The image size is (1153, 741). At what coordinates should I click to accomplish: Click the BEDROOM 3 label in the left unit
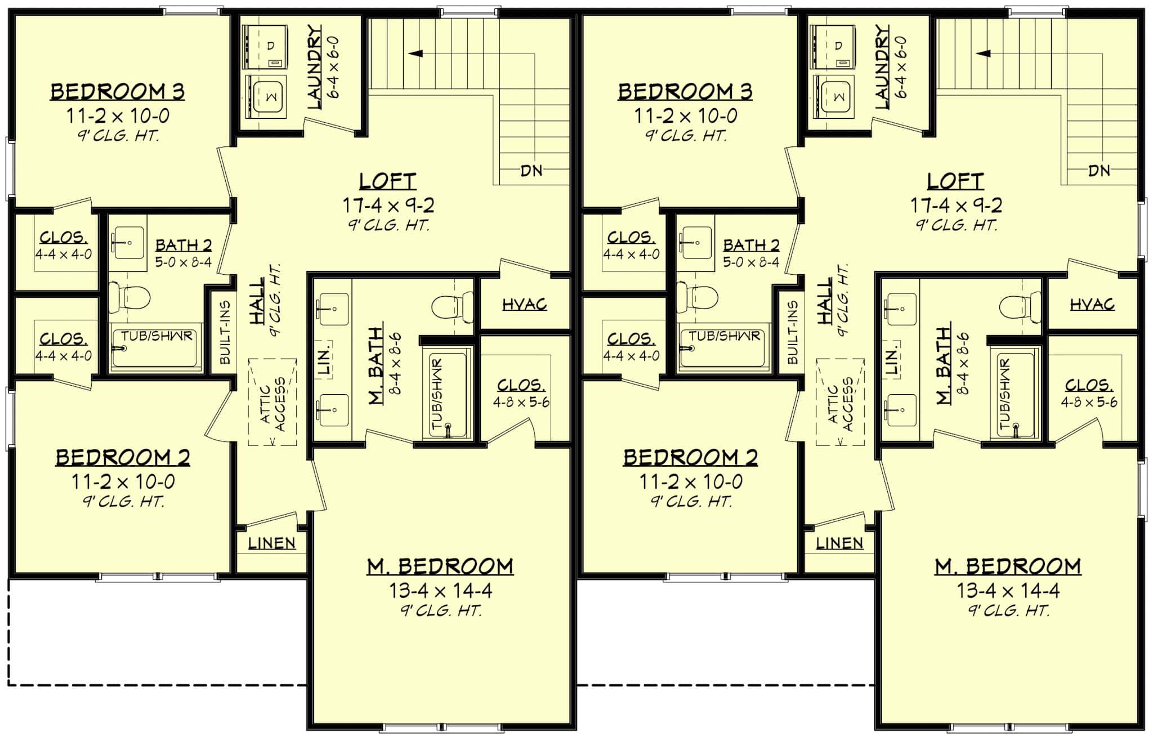118,91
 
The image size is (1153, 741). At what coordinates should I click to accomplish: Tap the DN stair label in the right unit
1099,170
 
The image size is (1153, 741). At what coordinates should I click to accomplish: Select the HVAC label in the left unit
524,305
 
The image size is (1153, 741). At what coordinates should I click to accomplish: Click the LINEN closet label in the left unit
272,543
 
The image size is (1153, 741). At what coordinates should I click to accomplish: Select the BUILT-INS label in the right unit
793,332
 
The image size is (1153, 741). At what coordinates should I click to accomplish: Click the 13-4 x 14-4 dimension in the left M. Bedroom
440,591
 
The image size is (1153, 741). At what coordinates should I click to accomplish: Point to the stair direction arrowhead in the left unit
415,53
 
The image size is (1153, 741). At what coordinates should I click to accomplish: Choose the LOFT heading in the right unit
956,181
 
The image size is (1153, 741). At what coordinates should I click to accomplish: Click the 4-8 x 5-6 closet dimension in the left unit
521,402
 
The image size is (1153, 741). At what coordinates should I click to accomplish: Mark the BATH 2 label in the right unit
752,245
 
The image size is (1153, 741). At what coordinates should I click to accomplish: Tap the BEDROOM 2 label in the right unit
690,458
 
